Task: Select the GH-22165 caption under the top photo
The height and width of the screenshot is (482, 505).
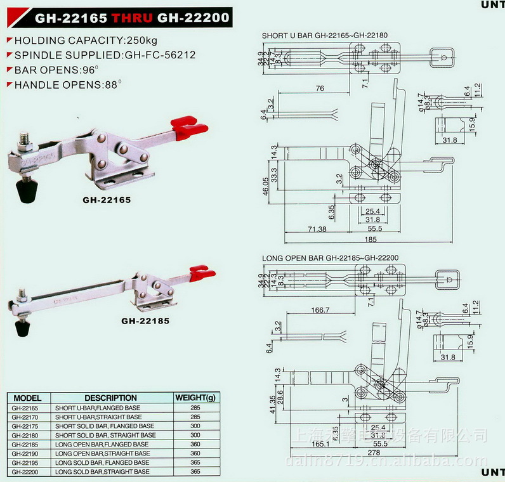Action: [107, 200]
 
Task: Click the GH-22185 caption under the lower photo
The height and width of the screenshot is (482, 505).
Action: [145, 320]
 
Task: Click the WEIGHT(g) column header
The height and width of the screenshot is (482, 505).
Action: [195, 398]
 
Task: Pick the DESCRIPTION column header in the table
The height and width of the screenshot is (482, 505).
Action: [110, 398]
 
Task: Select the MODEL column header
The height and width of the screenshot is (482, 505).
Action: [27, 398]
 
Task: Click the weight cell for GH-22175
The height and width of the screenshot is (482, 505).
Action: [195, 426]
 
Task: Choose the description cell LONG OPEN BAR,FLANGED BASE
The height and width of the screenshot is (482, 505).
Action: [102, 445]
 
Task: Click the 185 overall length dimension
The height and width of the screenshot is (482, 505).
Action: [371, 239]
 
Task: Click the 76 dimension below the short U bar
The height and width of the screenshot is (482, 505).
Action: [320, 88]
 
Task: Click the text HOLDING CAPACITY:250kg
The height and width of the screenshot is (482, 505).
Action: [77, 39]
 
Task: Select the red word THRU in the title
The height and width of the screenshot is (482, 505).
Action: [132, 18]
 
